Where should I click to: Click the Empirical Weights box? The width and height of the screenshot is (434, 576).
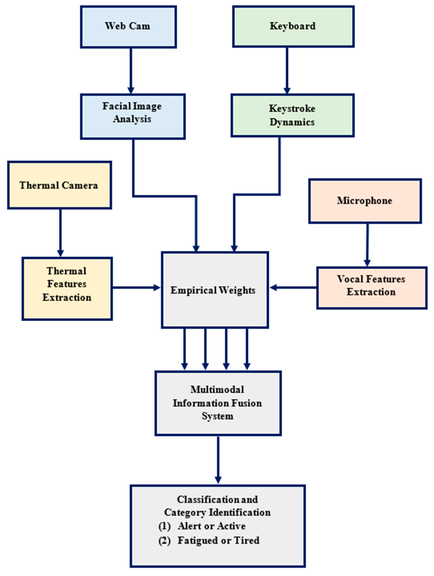click(215, 290)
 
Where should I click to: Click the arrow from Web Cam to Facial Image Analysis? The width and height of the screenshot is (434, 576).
click(131, 70)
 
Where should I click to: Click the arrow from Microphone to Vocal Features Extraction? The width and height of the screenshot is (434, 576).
click(367, 245)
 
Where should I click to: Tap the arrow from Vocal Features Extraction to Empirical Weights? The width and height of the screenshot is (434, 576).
click(293, 287)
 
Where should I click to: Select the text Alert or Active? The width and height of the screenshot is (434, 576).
click(211, 526)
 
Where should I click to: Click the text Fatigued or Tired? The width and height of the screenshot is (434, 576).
click(218, 540)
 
